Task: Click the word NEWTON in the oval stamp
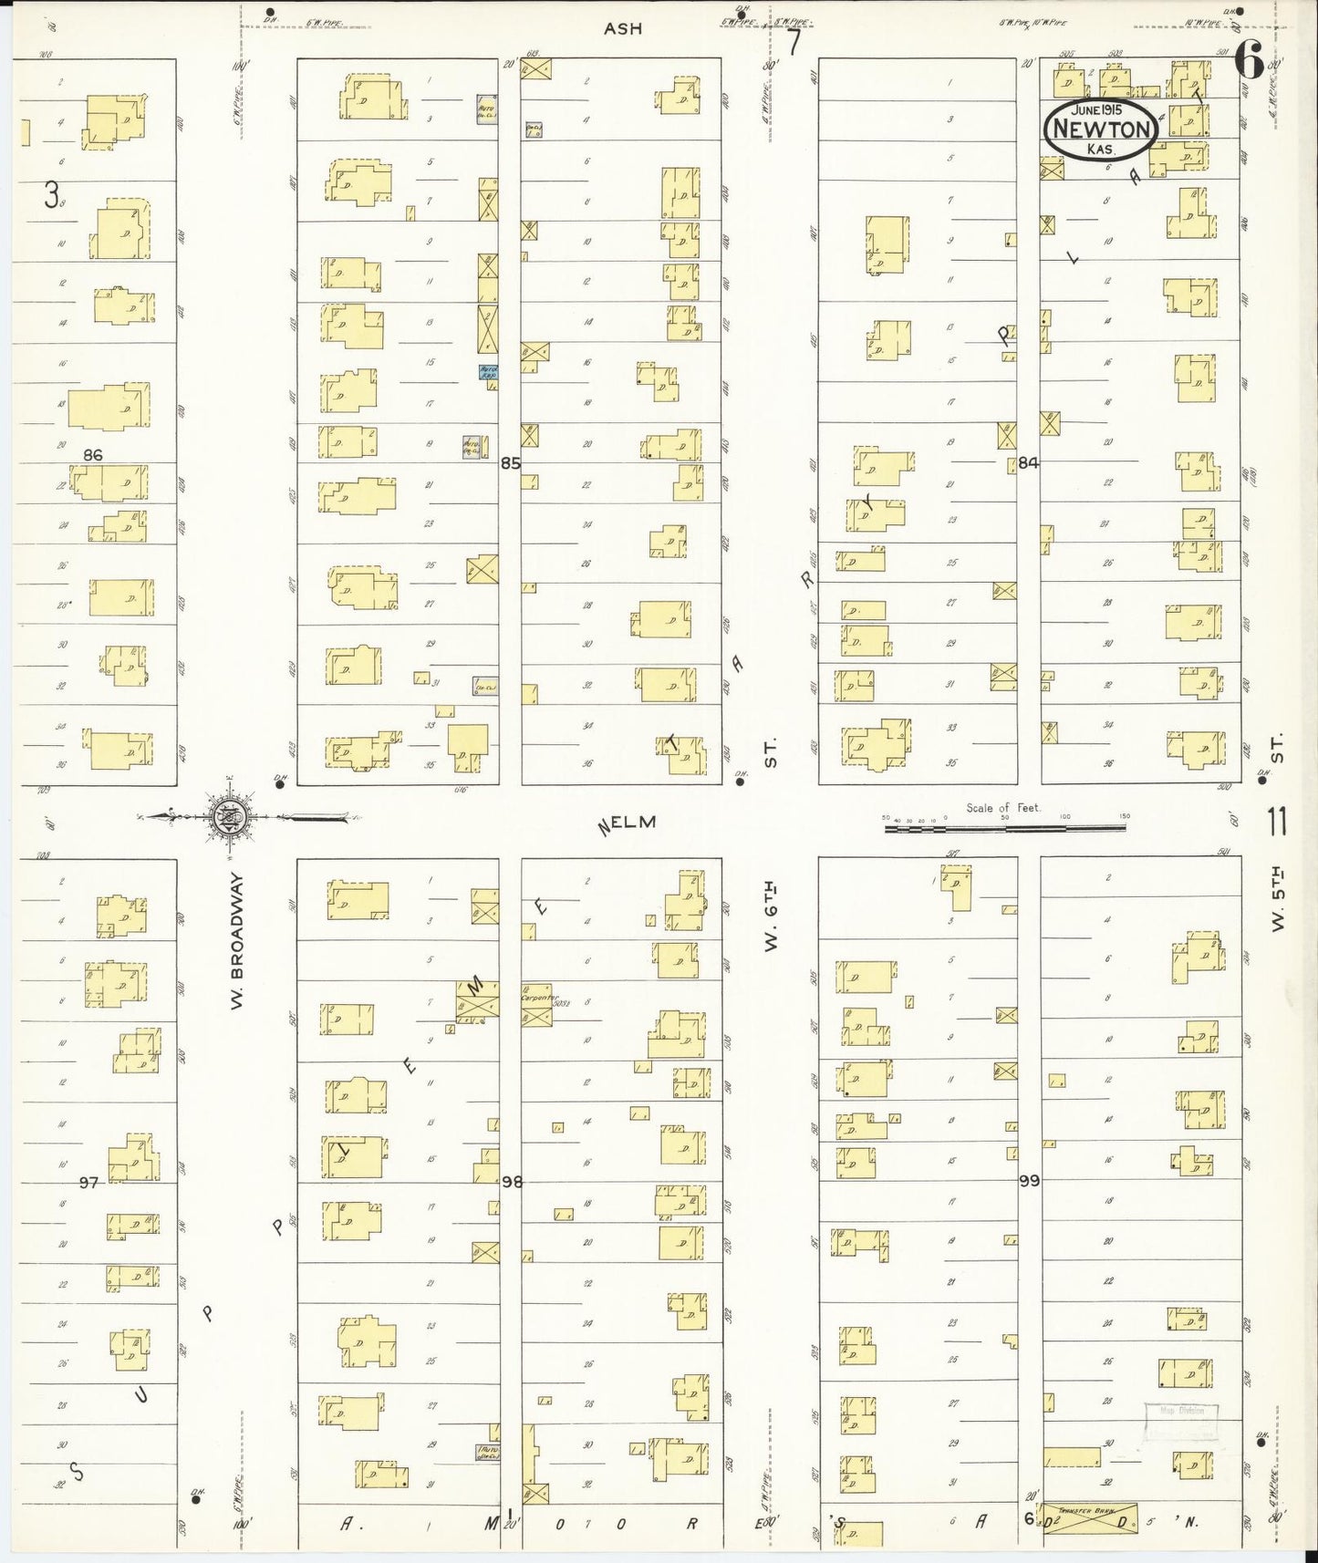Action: tap(1101, 129)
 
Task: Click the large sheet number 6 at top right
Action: tap(1250, 64)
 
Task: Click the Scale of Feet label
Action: tap(1003, 808)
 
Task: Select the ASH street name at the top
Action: tap(623, 29)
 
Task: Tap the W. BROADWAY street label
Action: tap(236, 940)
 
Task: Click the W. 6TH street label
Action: tap(772, 916)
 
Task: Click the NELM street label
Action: tap(627, 824)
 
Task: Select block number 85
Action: tap(510, 463)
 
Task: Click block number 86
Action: tap(92, 454)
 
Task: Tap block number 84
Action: tap(1029, 463)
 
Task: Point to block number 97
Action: tap(88, 1182)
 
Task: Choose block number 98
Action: tap(512, 1182)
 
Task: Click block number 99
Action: tap(1029, 1181)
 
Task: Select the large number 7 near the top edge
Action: tap(794, 42)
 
